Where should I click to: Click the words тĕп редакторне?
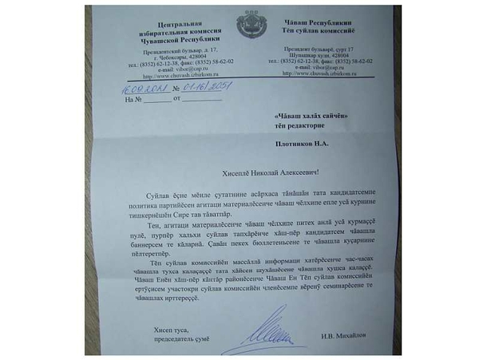pos(303,126)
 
